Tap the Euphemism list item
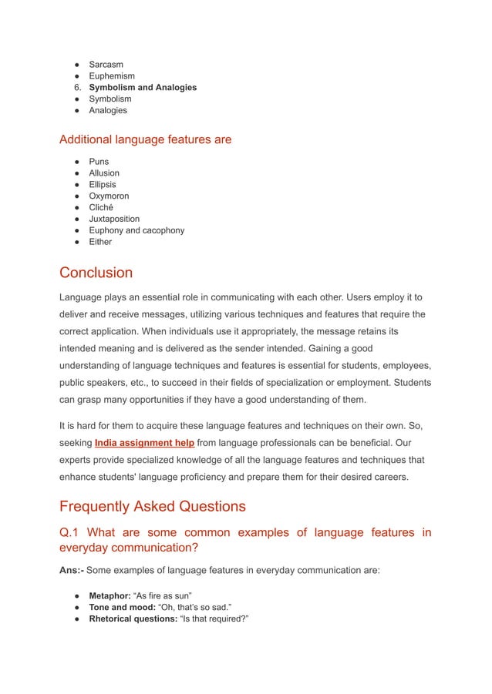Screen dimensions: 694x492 (112, 76)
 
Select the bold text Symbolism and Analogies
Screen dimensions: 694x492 (143, 88)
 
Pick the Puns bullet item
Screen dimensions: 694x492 (99, 162)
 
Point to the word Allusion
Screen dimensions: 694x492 (104, 173)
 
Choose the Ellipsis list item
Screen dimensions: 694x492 (103, 185)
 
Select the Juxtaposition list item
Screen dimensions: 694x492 (115, 219)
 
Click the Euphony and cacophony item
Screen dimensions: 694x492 (136, 230)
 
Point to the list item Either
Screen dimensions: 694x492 (101, 242)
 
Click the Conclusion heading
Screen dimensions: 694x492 (96, 273)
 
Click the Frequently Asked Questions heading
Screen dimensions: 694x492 (153, 506)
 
